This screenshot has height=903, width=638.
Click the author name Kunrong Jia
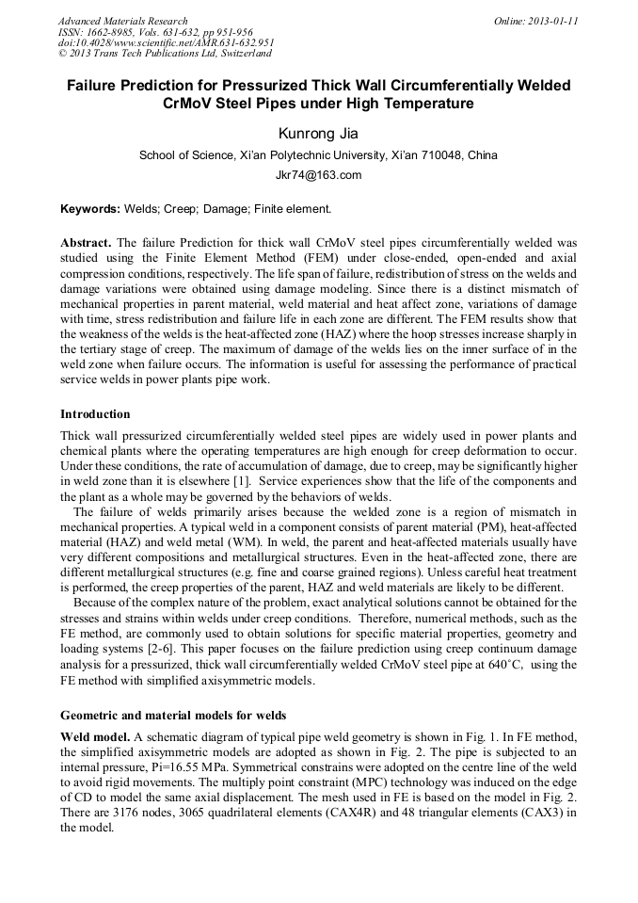tap(318, 133)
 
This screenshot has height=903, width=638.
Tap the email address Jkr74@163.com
tap(318, 175)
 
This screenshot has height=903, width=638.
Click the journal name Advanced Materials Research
tap(122, 21)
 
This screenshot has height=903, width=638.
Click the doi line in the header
tap(166, 43)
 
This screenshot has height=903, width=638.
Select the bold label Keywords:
tap(90, 208)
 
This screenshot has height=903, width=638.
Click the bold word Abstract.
tap(86, 242)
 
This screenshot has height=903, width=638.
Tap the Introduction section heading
tap(95, 413)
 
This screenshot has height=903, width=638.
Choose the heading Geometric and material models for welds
tap(173, 715)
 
